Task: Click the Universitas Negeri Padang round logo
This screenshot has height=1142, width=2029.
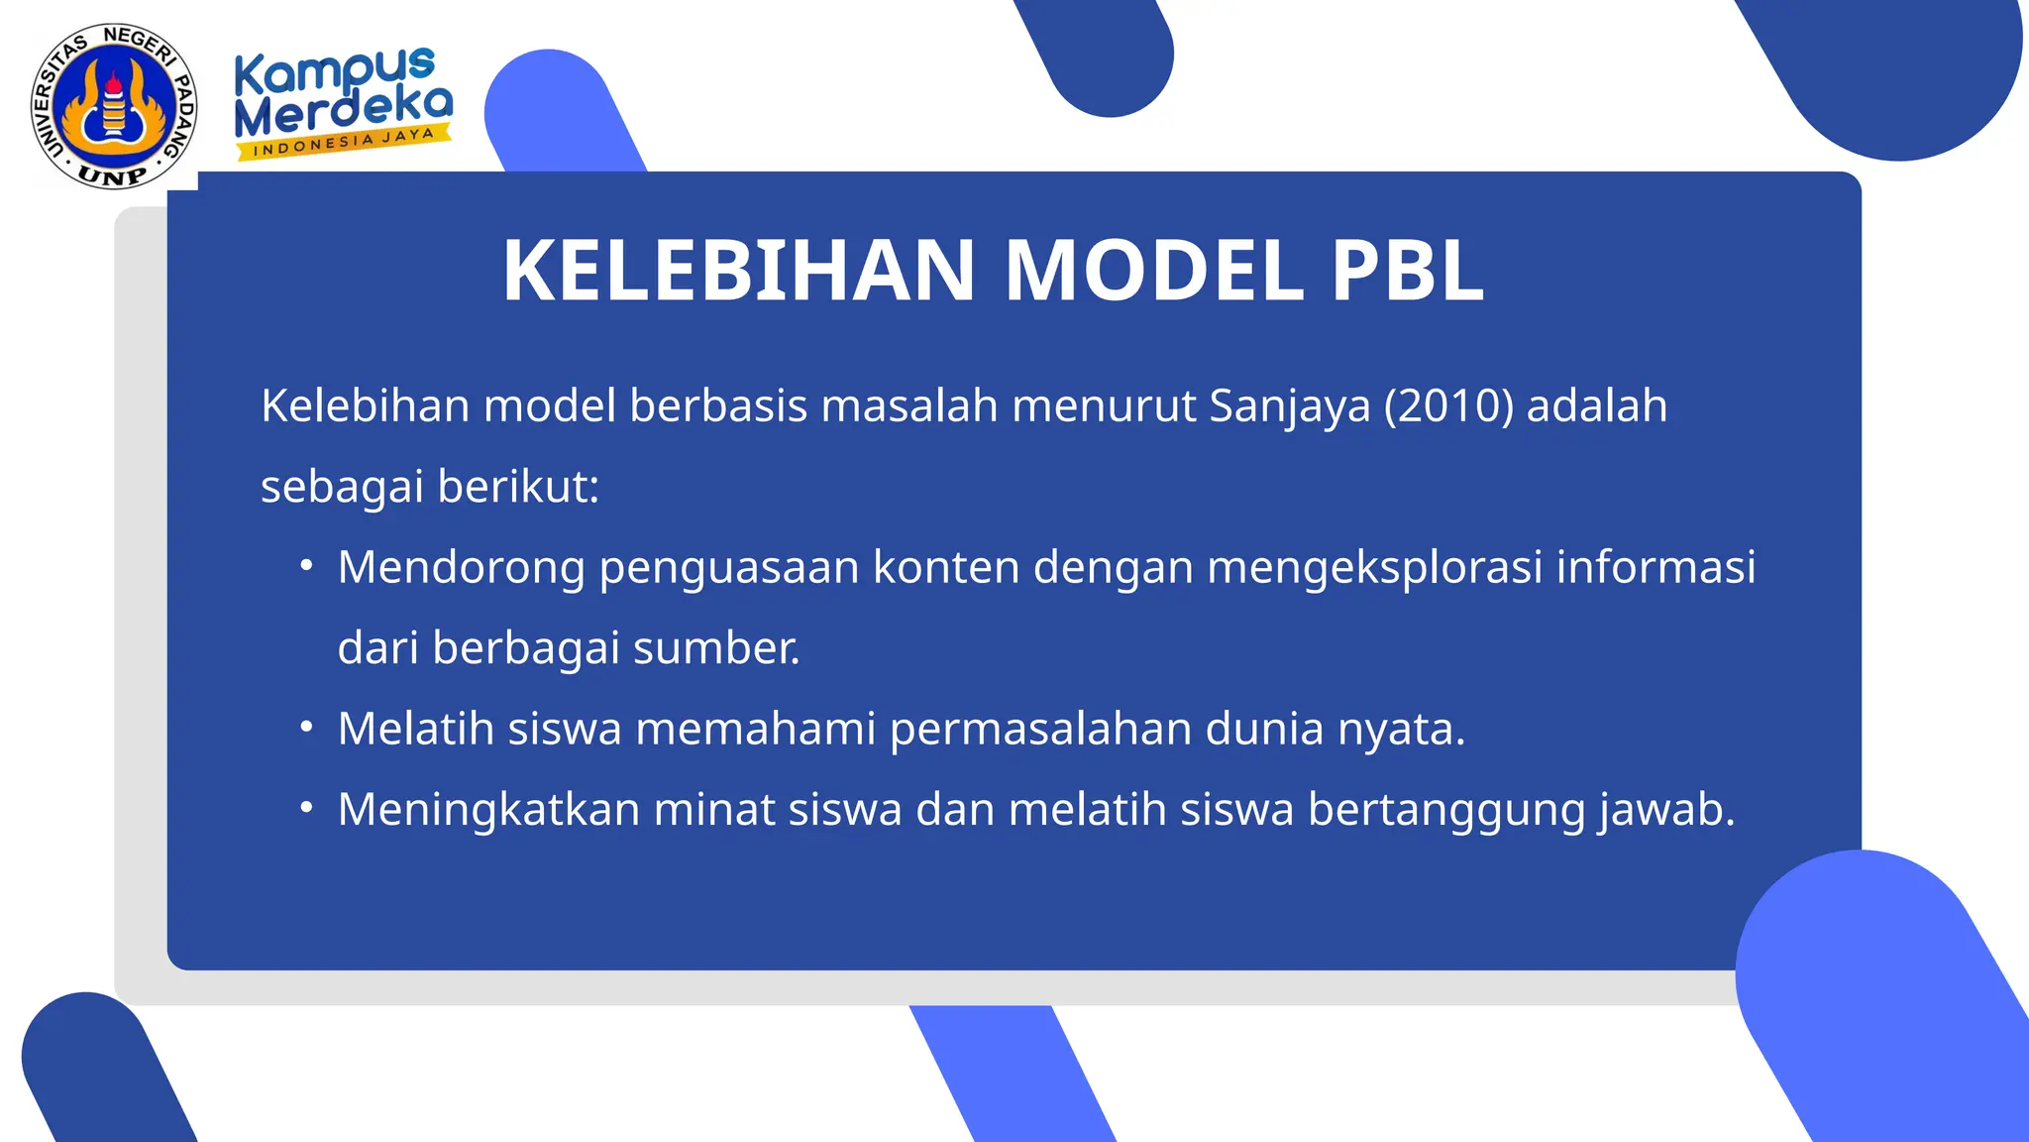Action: pos(114,106)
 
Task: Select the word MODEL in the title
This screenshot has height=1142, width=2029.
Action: pos(1153,271)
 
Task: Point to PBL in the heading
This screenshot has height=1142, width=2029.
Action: pos(1407,271)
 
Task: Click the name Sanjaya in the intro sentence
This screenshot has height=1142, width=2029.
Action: pos(1289,406)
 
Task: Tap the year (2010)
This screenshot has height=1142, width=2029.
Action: pos(1447,406)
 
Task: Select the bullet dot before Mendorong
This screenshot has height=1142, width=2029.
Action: pos(307,566)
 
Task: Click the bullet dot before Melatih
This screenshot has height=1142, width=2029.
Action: pos(307,728)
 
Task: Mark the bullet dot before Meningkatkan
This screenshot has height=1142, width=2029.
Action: pos(307,808)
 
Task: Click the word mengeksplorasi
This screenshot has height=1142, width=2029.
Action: pos(1374,568)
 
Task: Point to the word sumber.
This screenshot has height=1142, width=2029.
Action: pos(715,648)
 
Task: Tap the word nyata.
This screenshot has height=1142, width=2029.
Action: pos(1401,730)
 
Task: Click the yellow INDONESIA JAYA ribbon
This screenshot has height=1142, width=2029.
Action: pos(343,142)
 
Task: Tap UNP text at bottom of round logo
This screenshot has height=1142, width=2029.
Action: pos(112,175)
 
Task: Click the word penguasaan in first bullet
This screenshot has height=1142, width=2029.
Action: pos(728,568)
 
